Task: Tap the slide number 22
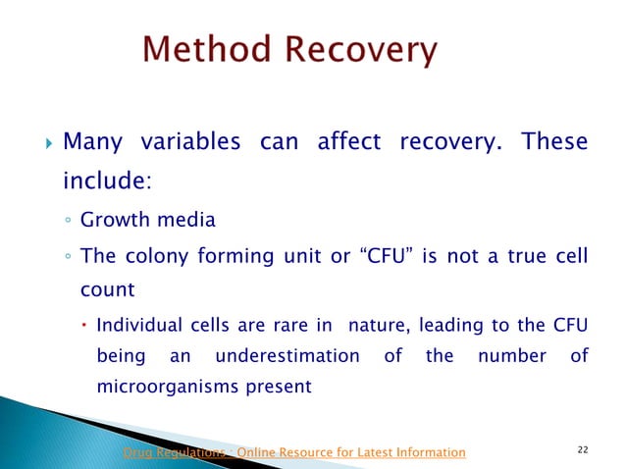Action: pos(583,449)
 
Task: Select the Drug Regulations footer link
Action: pos(292,451)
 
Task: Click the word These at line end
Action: pos(555,143)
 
